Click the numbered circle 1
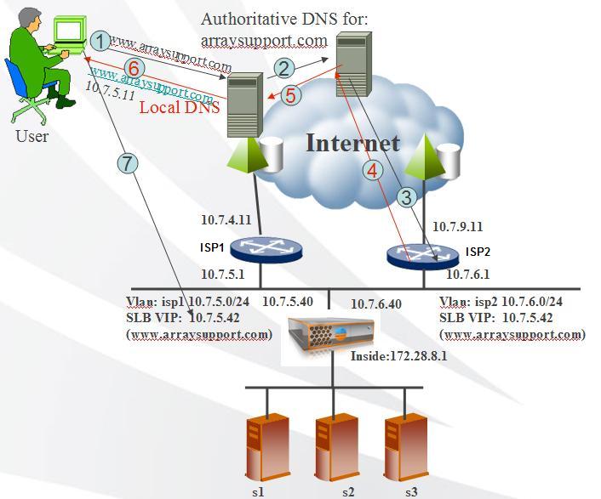pos(100,40)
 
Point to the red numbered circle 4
pos(371,170)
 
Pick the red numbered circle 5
pos(291,94)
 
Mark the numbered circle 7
pos(128,164)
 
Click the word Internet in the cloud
pos(352,142)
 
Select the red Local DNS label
pos(180,107)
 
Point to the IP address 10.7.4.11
pos(226,218)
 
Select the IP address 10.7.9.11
pos(457,227)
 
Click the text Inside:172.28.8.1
pos(399,357)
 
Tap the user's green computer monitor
pos(69,31)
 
